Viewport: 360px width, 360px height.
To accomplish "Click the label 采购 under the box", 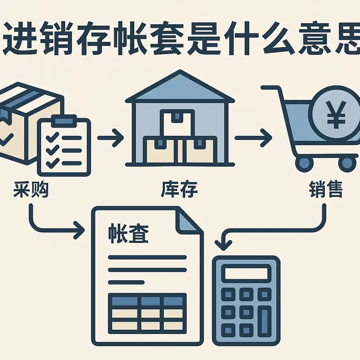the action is coord(31,189).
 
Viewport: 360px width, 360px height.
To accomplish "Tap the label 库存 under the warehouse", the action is coord(179,189).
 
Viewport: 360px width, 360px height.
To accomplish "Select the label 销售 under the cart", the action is coord(326,189).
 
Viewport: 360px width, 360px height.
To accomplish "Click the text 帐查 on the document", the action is coord(129,233).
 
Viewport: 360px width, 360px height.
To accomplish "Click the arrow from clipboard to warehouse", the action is coord(110,138).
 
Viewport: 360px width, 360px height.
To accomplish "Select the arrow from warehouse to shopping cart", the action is coord(253,138).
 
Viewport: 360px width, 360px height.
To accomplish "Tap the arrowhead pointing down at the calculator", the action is coord(223,245).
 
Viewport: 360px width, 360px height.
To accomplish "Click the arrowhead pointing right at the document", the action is coord(79,230).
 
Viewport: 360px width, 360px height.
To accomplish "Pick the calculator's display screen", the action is coord(246,274).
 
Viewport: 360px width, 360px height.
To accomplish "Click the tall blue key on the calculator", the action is coord(264,321).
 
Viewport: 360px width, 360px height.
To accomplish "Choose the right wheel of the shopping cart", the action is coord(347,163).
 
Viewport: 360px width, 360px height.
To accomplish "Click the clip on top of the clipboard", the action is coord(64,121).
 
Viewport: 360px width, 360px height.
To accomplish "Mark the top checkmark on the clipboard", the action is coord(52,137).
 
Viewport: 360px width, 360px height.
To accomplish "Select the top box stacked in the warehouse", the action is coord(177,123).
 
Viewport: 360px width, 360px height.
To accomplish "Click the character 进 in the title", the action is coord(20,38).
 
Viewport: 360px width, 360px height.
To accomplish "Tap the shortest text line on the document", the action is coord(126,282).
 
